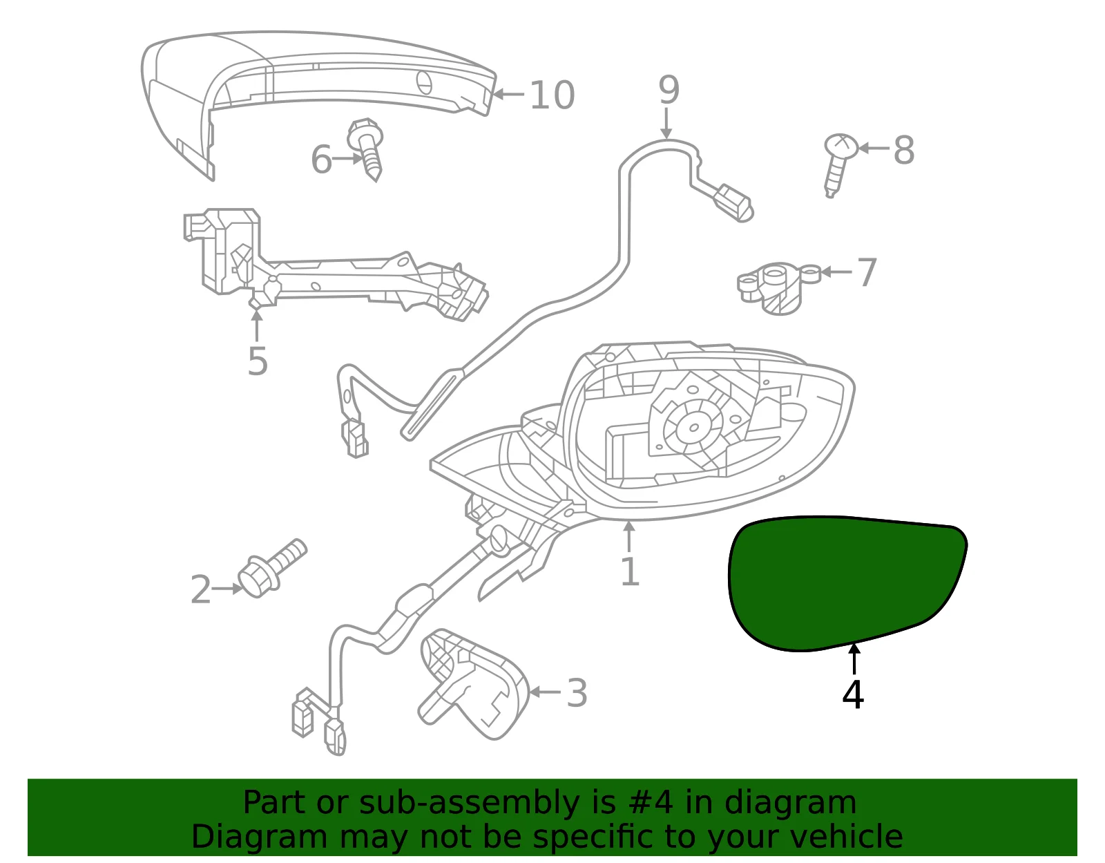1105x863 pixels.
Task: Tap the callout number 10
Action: (x=552, y=95)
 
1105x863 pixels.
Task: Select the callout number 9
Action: (x=669, y=90)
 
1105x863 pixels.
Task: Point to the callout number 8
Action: (x=904, y=150)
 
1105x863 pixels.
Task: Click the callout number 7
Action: (x=867, y=272)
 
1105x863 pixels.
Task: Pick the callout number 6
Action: (x=321, y=159)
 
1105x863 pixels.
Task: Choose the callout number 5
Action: (x=258, y=361)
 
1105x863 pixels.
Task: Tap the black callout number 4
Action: (x=853, y=694)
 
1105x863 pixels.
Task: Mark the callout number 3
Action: (x=577, y=692)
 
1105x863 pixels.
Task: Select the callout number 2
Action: (x=200, y=589)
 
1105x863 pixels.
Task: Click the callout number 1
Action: (x=630, y=571)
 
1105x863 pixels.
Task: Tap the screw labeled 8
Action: (x=839, y=165)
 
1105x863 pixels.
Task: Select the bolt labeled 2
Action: (x=271, y=569)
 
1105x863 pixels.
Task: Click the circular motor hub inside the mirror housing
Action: (x=693, y=428)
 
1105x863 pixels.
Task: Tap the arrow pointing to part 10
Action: (x=508, y=95)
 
